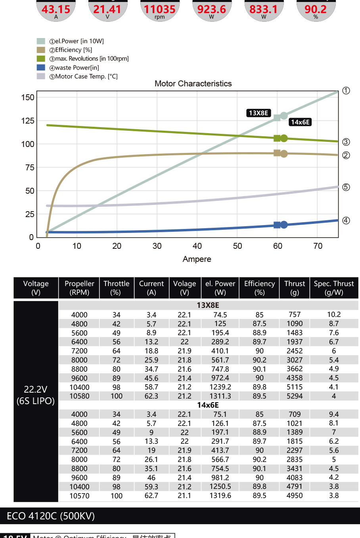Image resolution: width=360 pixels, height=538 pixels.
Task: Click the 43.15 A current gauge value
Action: [x=56, y=9]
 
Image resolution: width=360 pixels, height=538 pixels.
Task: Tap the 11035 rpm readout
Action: [x=159, y=9]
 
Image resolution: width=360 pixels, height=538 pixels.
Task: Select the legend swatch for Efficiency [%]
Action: [x=41, y=50]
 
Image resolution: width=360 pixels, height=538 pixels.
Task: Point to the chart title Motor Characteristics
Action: [x=193, y=84]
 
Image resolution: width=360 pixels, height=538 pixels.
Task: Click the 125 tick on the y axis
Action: [x=28, y=121]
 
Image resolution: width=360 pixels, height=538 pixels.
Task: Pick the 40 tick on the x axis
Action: [x=197, y=246]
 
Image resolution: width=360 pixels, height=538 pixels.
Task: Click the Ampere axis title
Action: [x=197, y=259]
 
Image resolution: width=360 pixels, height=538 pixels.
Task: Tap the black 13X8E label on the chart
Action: [x=259, y=113]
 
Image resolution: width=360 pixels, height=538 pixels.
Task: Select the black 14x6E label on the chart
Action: [x=300, y=122]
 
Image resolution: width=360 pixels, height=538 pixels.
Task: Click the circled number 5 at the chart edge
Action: [x=346, y=187]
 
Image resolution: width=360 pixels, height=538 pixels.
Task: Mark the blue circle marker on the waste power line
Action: [x=284, y=225]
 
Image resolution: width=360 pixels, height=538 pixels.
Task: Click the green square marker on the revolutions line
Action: [x=277, y=138]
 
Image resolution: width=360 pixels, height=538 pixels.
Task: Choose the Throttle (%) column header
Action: [x=116, y=288]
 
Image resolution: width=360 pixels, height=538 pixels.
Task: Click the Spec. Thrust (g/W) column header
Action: [x=333, y=288]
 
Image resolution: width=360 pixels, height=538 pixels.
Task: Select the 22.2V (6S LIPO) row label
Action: [x=36, y=395]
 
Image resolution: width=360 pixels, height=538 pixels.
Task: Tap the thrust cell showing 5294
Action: [x=295, y=396]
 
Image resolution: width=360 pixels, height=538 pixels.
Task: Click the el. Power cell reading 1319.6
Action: [x=220, y=496]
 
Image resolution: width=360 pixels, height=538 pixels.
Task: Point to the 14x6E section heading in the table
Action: [x=208, y=405]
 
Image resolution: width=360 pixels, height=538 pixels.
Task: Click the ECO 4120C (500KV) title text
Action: [x=51, y=516]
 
